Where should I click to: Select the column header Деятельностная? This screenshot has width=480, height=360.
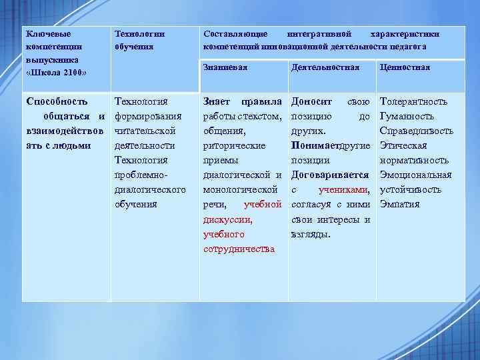[x=325, y=67]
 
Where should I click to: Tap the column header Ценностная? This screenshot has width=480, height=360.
[x=404, y=67]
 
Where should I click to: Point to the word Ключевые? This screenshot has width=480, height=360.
[x=47, y=33]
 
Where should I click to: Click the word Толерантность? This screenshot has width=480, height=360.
[x=413, y=102]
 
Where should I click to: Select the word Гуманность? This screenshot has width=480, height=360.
[x=407, y=117]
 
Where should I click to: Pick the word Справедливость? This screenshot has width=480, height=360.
[x=416, y=131]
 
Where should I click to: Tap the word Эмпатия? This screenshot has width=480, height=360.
[x=399, y=205]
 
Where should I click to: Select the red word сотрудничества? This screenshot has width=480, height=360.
[x=239, y=249]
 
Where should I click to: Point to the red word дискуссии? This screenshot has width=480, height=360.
[x=227, y=219]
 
